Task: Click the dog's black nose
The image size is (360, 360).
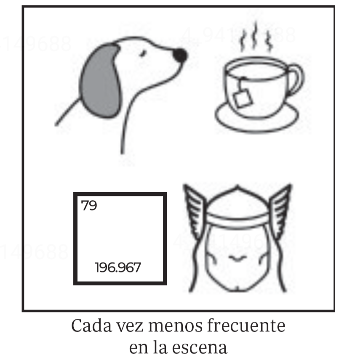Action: pos(180,56)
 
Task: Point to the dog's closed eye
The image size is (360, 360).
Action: pos(143,53)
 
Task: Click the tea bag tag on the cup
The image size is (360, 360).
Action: pos(243,98)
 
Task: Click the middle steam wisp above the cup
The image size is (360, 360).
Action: pos(255,35)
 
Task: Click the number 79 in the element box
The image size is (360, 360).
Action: pos(89,205)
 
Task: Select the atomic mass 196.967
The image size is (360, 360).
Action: pos(118,267)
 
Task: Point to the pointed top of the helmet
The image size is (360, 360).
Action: pos(238,187)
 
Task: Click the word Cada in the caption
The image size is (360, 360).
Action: pos(91,326)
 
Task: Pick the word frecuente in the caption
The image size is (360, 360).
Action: pos(246,326)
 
